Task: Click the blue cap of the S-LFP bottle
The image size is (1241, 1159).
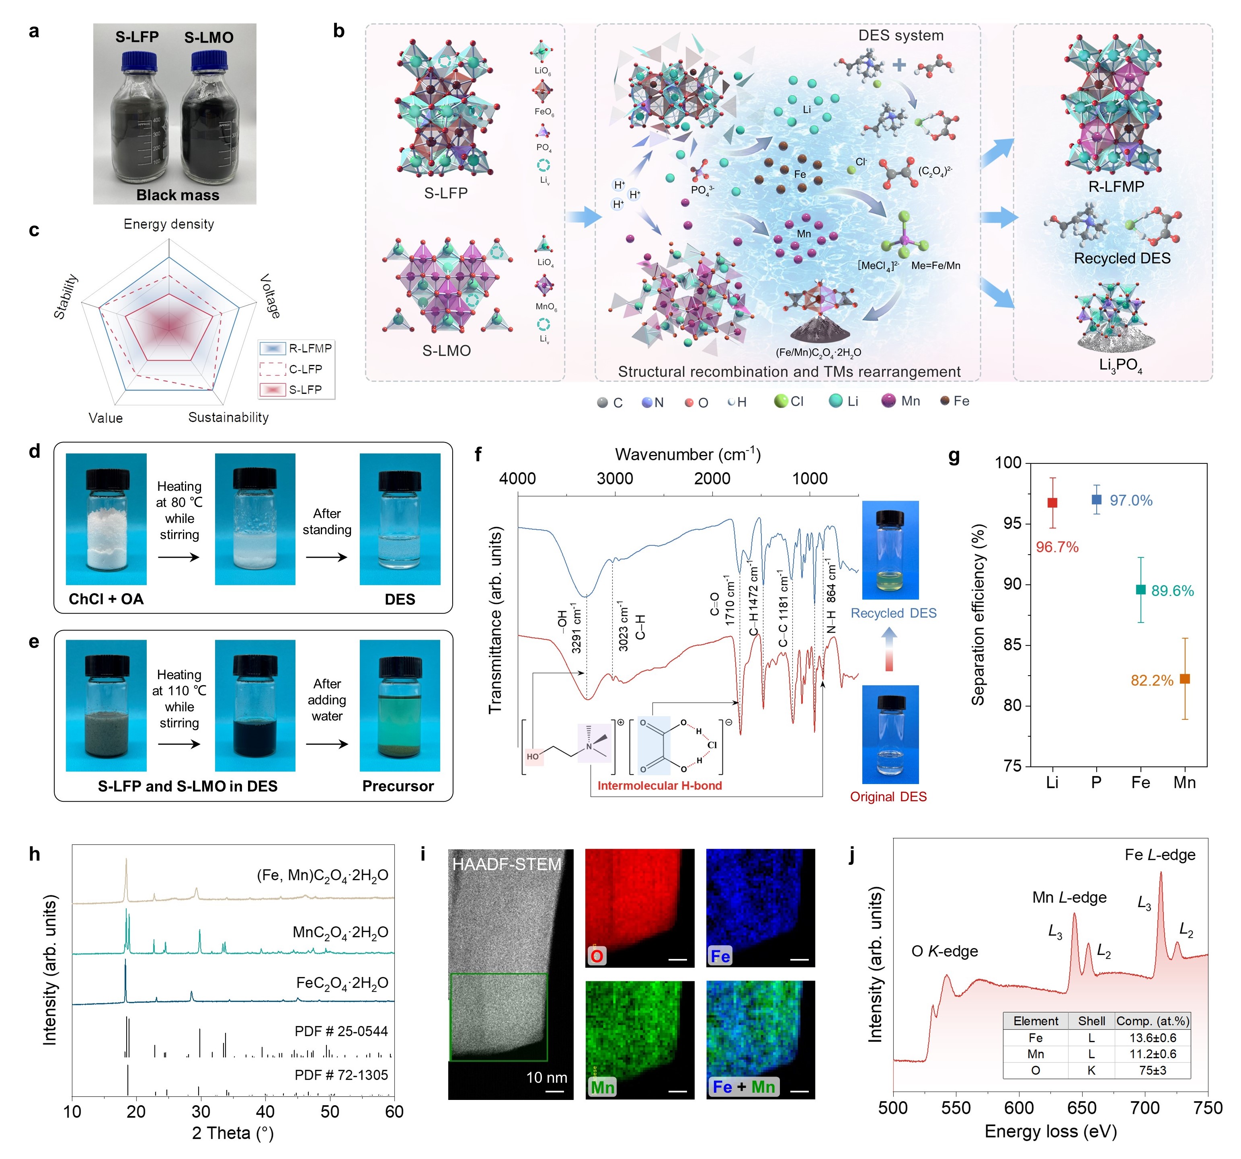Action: pos(139,61)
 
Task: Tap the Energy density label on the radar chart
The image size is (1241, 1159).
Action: pos(168,224)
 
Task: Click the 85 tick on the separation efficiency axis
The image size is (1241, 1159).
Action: pos(1013,644)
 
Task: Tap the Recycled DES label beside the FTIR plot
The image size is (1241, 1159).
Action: pos(893,613)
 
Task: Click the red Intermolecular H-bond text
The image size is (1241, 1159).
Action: pos(660,786)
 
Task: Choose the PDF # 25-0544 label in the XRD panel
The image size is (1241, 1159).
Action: pos(341,1032)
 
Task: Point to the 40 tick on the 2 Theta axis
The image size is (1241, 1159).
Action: pos(265,1112)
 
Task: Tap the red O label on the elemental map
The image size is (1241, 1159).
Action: pos(597,956)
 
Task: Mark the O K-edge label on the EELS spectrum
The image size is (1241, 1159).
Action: pos(944,951)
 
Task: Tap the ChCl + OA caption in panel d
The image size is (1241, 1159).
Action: pos(106,599)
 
